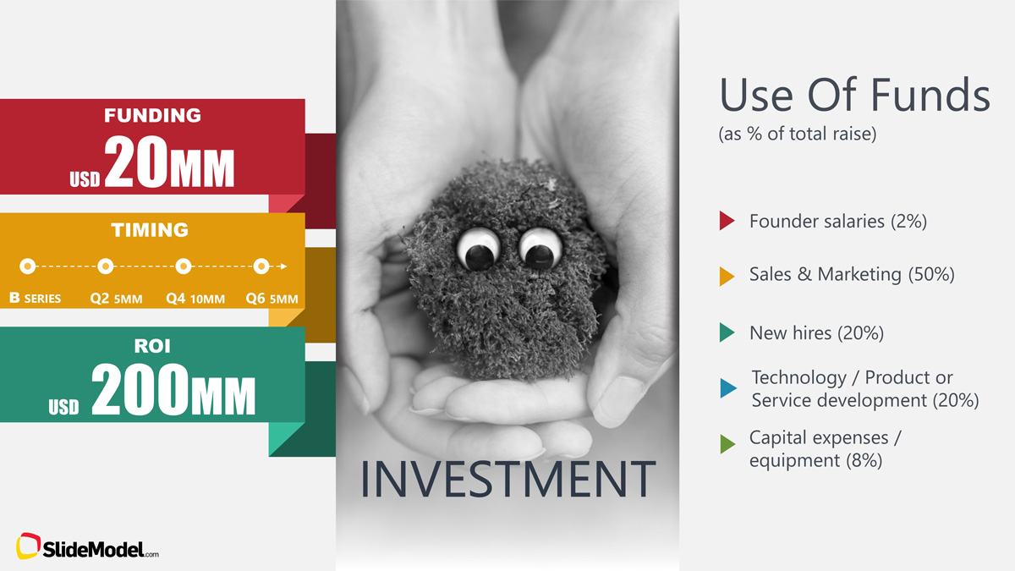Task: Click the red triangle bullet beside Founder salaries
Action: pyautogui.click(x=726, y=221)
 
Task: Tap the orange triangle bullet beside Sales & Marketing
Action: pyautogui.click(x=726, y=276)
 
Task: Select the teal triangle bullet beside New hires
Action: pyautogui.click(x=726, y=332)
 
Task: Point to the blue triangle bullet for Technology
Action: pyautogui.click(x=727, y=388)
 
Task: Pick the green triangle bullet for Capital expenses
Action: pyautogui.click(x=727, y=443)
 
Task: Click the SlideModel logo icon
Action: pyautogui.click(x=28, y=546)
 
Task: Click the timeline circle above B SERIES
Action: pyautogui.click(x=28, y=266)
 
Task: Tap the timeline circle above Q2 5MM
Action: pyautogui.click(x=106, y=266)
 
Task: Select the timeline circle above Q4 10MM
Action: pyautogui.click(x=184, y=266)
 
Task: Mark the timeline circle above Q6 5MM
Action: pyautogui.click(x=261, y=266)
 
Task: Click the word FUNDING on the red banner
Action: pyautogui.click(x=152, y=115)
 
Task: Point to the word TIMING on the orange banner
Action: pyautogui.click(x=150, y=230)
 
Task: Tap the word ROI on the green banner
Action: pyautogui.click(x=152, y=346)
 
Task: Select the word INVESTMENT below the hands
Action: pyautogui.click(x=508, y=479)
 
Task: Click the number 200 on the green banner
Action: pyautogui.click(x=140, y=389)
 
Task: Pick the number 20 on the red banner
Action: pyautogui.click(x=136, y=162)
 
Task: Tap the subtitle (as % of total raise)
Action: pyautogui.click(x=798, y=134)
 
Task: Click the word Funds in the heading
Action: pyautogui.click(x=930, y=94)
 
